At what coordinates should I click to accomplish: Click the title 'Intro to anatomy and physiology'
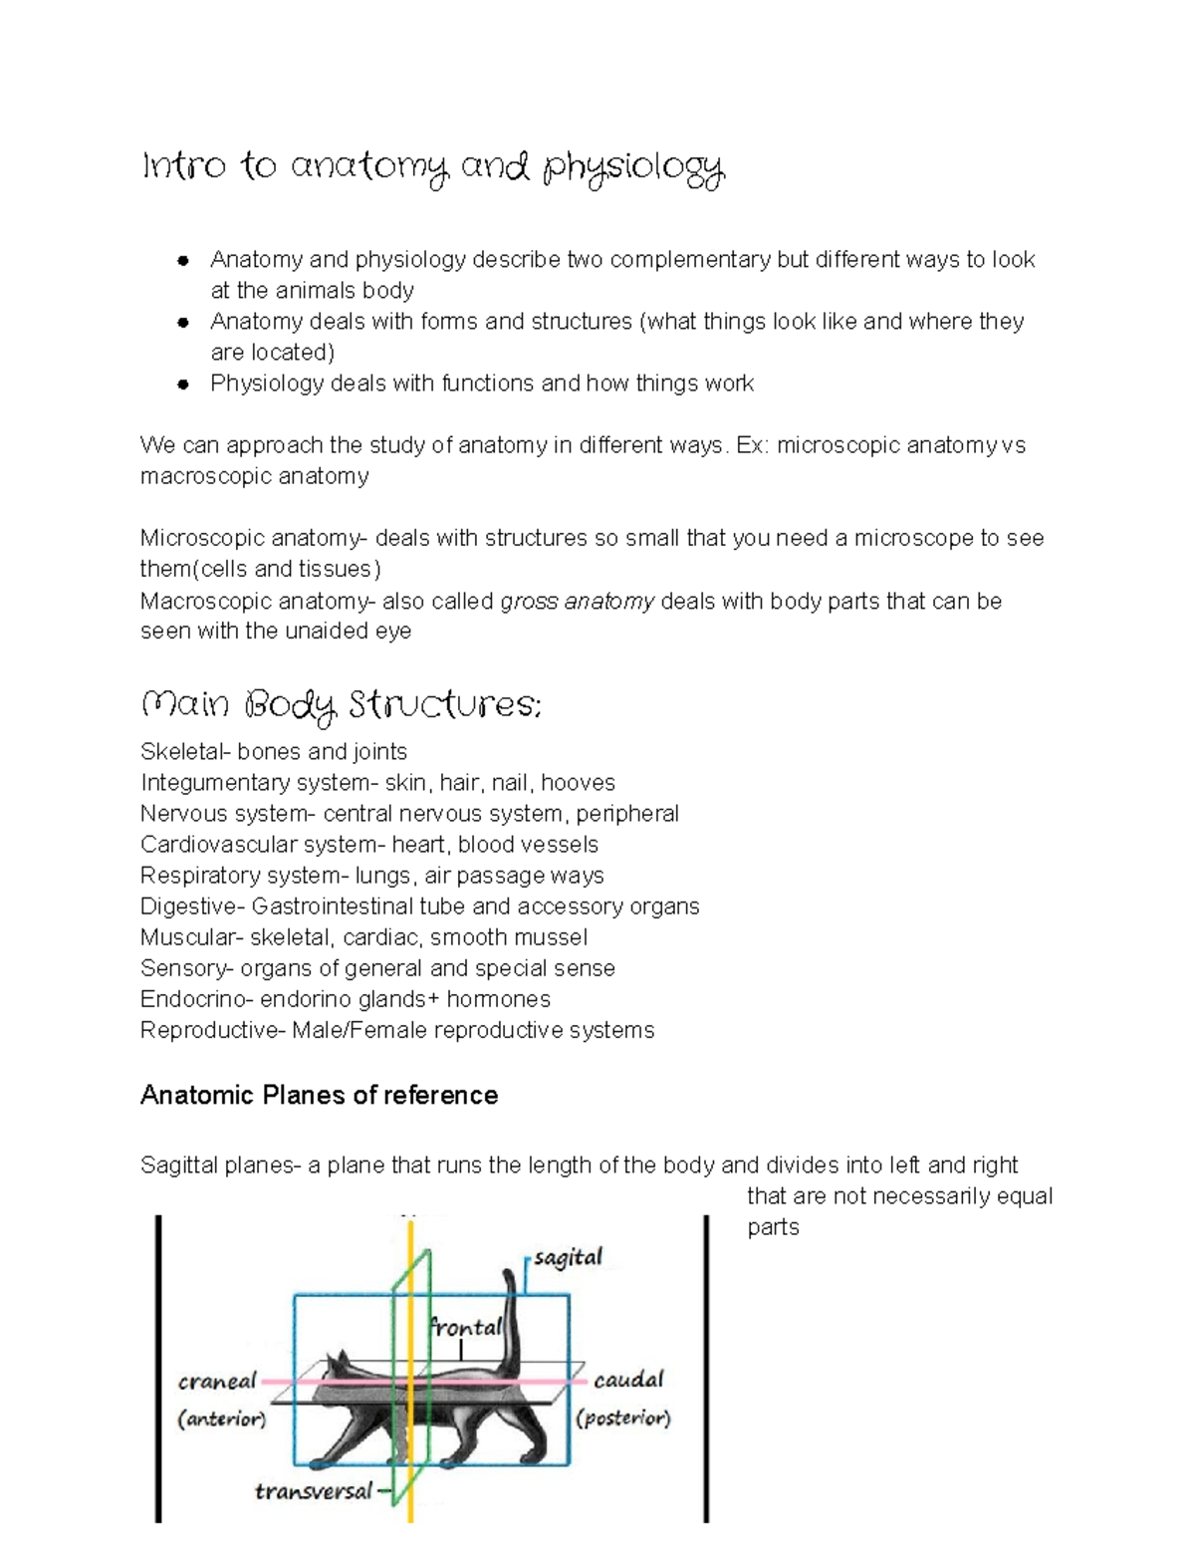tap(433, 168)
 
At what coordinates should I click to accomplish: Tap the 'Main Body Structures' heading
tap(342, 706)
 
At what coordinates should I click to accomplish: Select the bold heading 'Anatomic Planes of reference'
tap(319, 1095)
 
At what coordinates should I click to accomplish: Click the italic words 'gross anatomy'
tap(577, 601)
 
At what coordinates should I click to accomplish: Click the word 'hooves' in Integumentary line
tap(578, 782)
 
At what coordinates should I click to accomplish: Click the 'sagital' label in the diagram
tap(568, 1258)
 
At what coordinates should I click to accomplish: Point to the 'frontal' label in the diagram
tap(465, 1327)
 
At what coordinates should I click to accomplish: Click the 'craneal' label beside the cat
tap(217, 1382)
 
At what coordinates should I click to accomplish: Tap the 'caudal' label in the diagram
tap(628, 1380)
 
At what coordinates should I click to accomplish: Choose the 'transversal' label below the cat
tap(314, 1491)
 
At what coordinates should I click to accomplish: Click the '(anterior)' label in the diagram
tap(221, 1418)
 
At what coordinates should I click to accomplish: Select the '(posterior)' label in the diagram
tap(623, 1418)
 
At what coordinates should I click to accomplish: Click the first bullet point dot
tap(183, 261)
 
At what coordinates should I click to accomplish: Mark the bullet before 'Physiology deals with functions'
tap(183, 385)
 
